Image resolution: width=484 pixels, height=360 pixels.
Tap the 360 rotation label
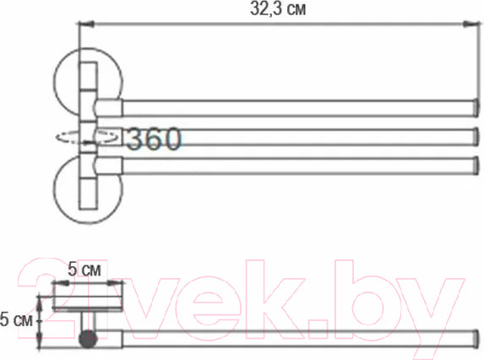tap(153, 139)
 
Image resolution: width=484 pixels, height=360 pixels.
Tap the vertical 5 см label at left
tap(15, 320)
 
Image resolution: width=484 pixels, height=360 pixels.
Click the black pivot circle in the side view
tap(87, 341)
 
